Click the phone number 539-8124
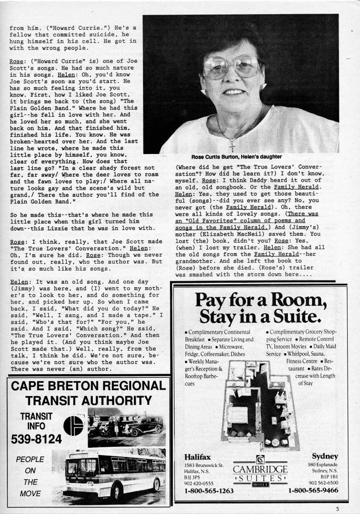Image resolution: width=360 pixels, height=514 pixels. [x=36, y=440]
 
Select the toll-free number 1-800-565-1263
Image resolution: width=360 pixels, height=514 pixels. [x=209, y=491]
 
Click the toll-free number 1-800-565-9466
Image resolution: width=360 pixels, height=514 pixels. [x=313, y=491]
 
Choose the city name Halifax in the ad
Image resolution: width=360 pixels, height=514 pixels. [x=197, y=456]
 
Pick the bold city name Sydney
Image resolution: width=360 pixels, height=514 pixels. [x=325, y=456]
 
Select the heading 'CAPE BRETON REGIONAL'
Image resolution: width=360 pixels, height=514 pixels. [x=88, y=385]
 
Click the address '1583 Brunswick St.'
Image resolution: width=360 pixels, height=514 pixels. [x=204, y=465]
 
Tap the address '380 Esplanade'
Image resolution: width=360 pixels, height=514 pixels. [x=323, y=465]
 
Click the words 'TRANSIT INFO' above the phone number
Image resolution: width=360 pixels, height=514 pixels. [x=36, y=421]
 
